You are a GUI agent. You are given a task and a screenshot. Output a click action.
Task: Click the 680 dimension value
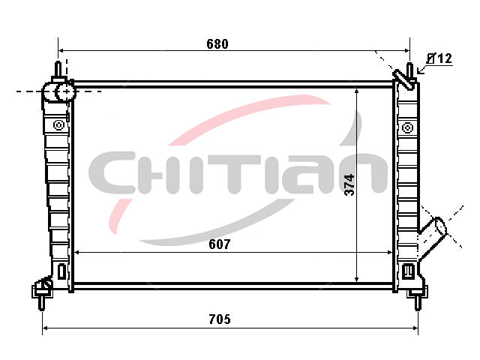[x=217, y=44]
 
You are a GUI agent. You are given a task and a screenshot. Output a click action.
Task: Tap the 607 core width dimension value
[x=220, y=244]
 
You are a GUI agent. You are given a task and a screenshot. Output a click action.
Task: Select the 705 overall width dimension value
[x=220, y=319]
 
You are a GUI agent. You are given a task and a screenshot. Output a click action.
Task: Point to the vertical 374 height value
[x=349, y=185]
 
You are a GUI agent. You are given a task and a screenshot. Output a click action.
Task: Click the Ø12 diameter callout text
[x=439, y=58]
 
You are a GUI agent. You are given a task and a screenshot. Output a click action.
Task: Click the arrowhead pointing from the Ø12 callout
[x=420, y=71]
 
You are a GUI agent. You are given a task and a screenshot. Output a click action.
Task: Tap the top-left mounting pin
[x=58, y=69]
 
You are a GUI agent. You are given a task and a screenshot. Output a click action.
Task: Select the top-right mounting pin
[x=410, y=71]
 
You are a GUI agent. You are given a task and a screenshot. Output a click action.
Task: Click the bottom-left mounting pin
[x=42, y=303]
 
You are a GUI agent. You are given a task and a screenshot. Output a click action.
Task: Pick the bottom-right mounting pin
[x=418, y=303]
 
